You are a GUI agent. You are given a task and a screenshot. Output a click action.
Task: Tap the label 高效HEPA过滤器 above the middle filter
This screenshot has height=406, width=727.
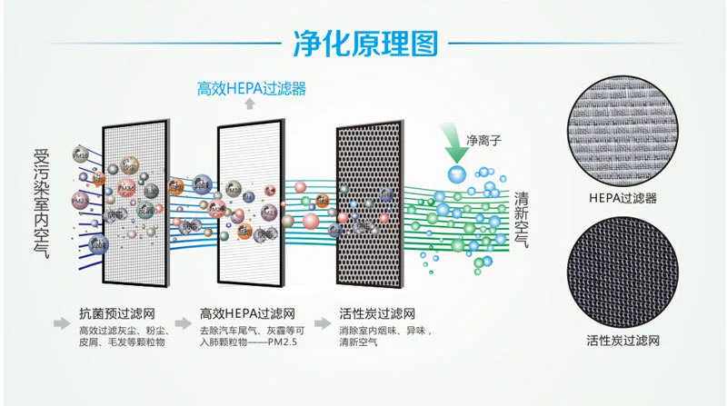coord(252,89)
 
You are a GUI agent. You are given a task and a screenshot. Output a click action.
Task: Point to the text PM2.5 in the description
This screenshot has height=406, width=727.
coord(286,344)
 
